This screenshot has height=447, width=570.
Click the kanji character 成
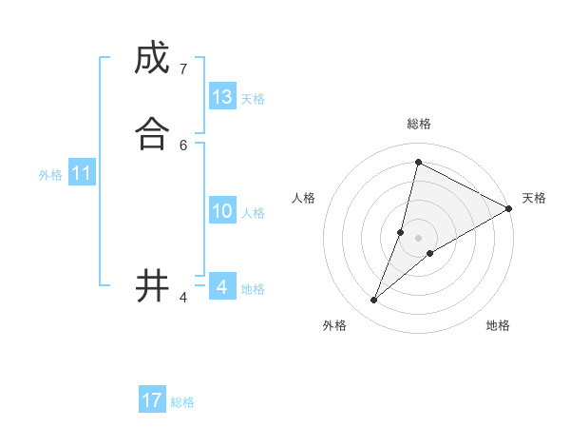point(152,59)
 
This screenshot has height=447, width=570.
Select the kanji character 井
point(152,285)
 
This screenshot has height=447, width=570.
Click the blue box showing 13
point(222,97)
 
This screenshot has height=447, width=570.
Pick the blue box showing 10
point(222,211)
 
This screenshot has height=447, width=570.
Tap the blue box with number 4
point(222,286)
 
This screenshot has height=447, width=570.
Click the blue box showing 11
point(82,173)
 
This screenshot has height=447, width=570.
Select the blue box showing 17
point(152,400)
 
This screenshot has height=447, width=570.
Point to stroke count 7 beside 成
point(182,69)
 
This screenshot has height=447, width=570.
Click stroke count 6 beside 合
point(182,145)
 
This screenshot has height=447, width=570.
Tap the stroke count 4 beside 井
point(182,298)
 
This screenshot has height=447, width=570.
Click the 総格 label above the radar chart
point(419,124)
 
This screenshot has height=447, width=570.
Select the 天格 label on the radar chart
point(534,198)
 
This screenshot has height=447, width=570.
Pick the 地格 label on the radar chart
point(498,325)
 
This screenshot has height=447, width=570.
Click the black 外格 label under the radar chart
point(334,325)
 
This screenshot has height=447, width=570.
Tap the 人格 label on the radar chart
point(304,198)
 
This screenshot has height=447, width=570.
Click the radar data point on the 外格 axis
point(374,301)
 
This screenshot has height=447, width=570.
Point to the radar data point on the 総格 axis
point(418,163)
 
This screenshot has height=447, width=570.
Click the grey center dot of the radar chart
point(418,238)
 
